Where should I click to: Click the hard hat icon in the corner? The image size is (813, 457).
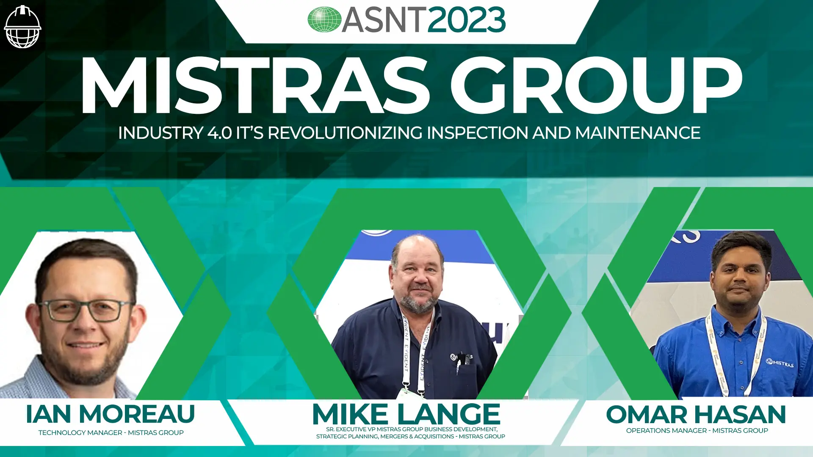coord(22,27)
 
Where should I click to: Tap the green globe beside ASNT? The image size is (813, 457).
coord(324,19)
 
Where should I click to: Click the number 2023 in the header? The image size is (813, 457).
coord(467,20)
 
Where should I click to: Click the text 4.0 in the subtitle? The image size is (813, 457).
coord(219,133)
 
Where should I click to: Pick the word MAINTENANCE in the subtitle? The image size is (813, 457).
coord(638,133)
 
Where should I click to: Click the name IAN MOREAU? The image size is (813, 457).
coord(110,414)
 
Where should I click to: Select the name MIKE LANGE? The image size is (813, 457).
coord(406,414)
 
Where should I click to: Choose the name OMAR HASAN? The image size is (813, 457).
coord(696,414)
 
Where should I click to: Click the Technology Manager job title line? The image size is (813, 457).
coord(111,432)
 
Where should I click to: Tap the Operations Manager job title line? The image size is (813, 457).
coord(697,430)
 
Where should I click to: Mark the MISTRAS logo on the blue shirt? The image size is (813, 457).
coord(780,363)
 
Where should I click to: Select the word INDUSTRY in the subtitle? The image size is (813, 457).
coord(161,133)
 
